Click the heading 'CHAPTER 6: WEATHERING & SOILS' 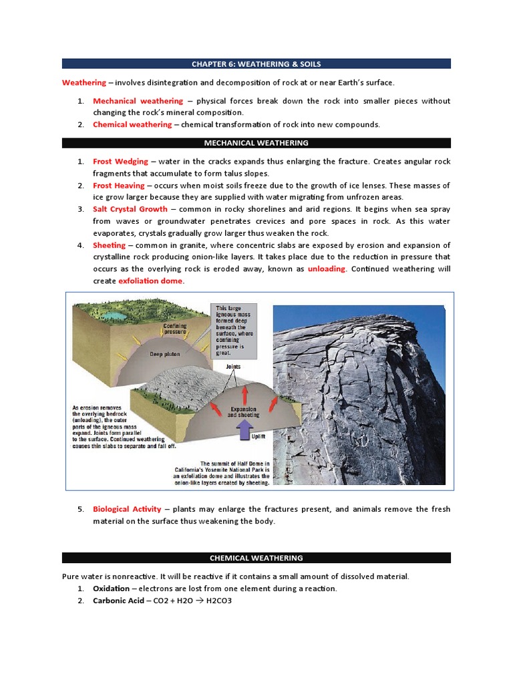tap(256, 64)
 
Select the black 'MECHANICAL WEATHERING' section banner tap(256, 143)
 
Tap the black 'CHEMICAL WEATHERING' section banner tap(256, 558)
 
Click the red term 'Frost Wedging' tap(120, 162)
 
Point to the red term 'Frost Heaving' tap(119, 186)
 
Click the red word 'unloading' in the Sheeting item tap(327, 269)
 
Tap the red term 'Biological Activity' tap(127, 509)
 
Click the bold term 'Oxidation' tap(112, 588)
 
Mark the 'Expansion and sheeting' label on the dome tap(243, 412)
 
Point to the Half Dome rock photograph tap(359, 394)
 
